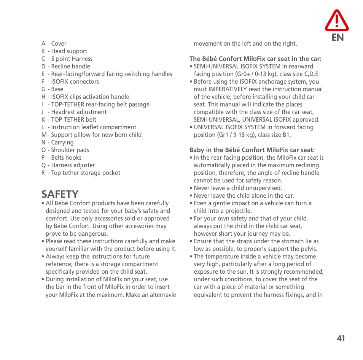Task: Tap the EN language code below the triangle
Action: [338, 37]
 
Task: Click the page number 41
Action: [341, 338]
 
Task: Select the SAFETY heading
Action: [60, 194]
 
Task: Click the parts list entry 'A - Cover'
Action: [54, 44]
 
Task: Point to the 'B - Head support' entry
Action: [64, 51]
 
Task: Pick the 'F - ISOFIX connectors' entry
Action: [70, 82]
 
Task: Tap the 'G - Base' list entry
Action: [53, 89]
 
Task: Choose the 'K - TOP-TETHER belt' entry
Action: [69, 120]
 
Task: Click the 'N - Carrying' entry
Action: [57, 143]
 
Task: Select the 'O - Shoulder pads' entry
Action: [65, 150]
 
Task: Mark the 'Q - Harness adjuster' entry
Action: [68, 165]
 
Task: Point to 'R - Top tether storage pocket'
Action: [81, 173]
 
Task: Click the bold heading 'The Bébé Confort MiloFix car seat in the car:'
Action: [255, 59]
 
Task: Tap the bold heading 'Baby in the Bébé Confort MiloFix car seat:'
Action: [252, 150]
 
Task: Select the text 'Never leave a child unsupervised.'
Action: [238, 188]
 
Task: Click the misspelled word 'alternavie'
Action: [163, 295]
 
